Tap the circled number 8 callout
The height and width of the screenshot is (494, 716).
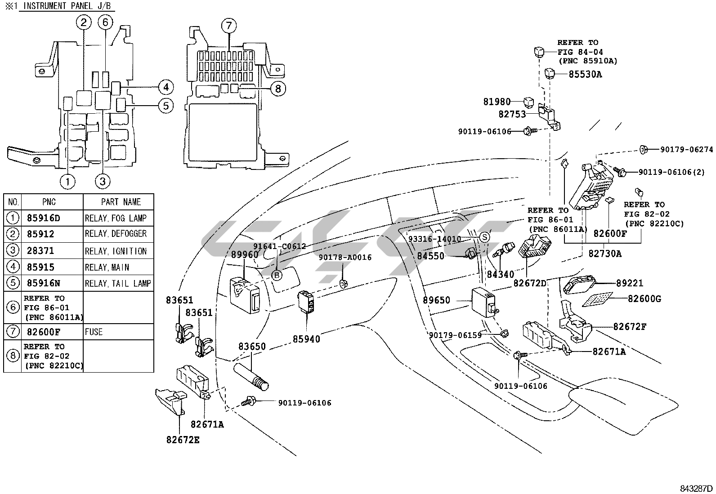tap(278, 89)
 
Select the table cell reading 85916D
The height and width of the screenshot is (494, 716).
tap(43, 218)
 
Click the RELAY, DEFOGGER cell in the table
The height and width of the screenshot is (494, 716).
tap(116, 234)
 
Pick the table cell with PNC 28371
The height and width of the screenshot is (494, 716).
tap(40, 251)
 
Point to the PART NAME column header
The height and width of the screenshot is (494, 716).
tap(121, 202)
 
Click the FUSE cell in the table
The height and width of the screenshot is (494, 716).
tap(94, 332)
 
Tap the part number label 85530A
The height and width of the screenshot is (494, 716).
tap(585, 74)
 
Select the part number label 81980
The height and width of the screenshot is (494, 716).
tap(497, 102)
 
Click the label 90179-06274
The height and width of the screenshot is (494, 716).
tap(686, 150)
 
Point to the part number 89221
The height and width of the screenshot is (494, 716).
tap(630, 283)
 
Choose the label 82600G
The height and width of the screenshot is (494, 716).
tap(644, 298)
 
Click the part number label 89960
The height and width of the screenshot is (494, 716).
tap(245, 254)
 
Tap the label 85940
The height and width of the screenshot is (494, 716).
tap(306, 339)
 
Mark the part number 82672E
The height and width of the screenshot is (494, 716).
tap(183, 440)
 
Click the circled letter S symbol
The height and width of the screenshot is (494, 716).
tap(484, 237)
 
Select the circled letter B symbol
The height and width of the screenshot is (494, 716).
tap(277, 276)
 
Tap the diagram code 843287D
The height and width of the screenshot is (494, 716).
tap(696, 489)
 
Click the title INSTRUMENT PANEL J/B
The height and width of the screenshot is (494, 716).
tap(67, 6)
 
